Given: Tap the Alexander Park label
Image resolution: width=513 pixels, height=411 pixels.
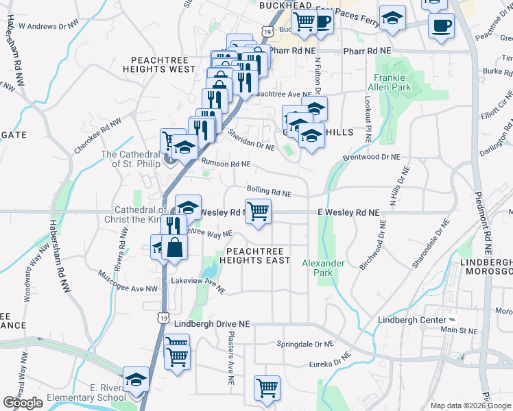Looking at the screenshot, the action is tap(318, 267).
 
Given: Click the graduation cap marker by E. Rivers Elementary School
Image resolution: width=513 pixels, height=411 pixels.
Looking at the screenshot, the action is tap(136, 379).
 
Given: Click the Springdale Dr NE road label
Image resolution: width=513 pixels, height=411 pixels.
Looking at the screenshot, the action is tap(305, 344).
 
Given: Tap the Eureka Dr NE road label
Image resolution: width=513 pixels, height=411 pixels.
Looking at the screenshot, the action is tap(330, 362).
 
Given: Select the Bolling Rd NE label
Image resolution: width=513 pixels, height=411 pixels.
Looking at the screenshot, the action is tap(269, 191).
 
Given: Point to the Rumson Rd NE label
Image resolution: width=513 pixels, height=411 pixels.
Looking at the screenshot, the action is tap(226, 164).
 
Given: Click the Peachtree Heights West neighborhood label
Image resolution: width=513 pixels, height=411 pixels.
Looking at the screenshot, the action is tap(160, 64).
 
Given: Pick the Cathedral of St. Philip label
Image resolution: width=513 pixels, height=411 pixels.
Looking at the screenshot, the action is tap(130, 159).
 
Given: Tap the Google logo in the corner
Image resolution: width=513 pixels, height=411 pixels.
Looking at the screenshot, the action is tap(23, 403).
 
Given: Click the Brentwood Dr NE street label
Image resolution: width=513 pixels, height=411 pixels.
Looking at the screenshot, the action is tap(371, 157).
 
